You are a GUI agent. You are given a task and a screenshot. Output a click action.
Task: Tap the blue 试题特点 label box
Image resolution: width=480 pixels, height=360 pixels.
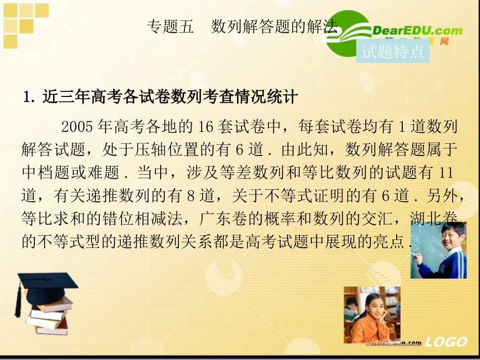tap(393, 52)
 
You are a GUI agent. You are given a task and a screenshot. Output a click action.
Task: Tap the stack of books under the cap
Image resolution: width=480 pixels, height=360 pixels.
tap(49, 316)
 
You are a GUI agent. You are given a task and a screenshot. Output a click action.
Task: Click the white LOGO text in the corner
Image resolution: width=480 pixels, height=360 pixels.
tap(446, 342)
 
